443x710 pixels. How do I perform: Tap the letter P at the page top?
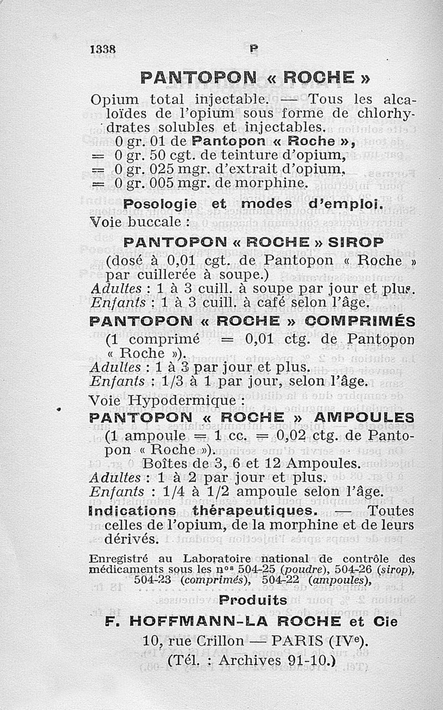click(x=254, y=49)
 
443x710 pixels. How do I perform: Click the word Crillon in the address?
click(x=217, y=641)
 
